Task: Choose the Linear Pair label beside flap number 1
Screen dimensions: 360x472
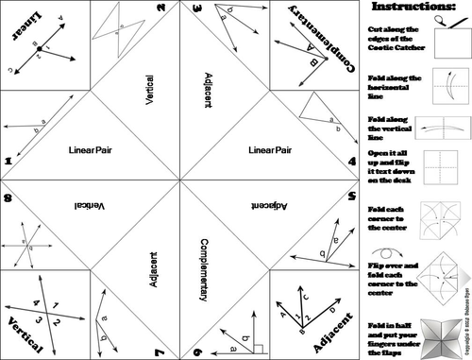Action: pos(92,150)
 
